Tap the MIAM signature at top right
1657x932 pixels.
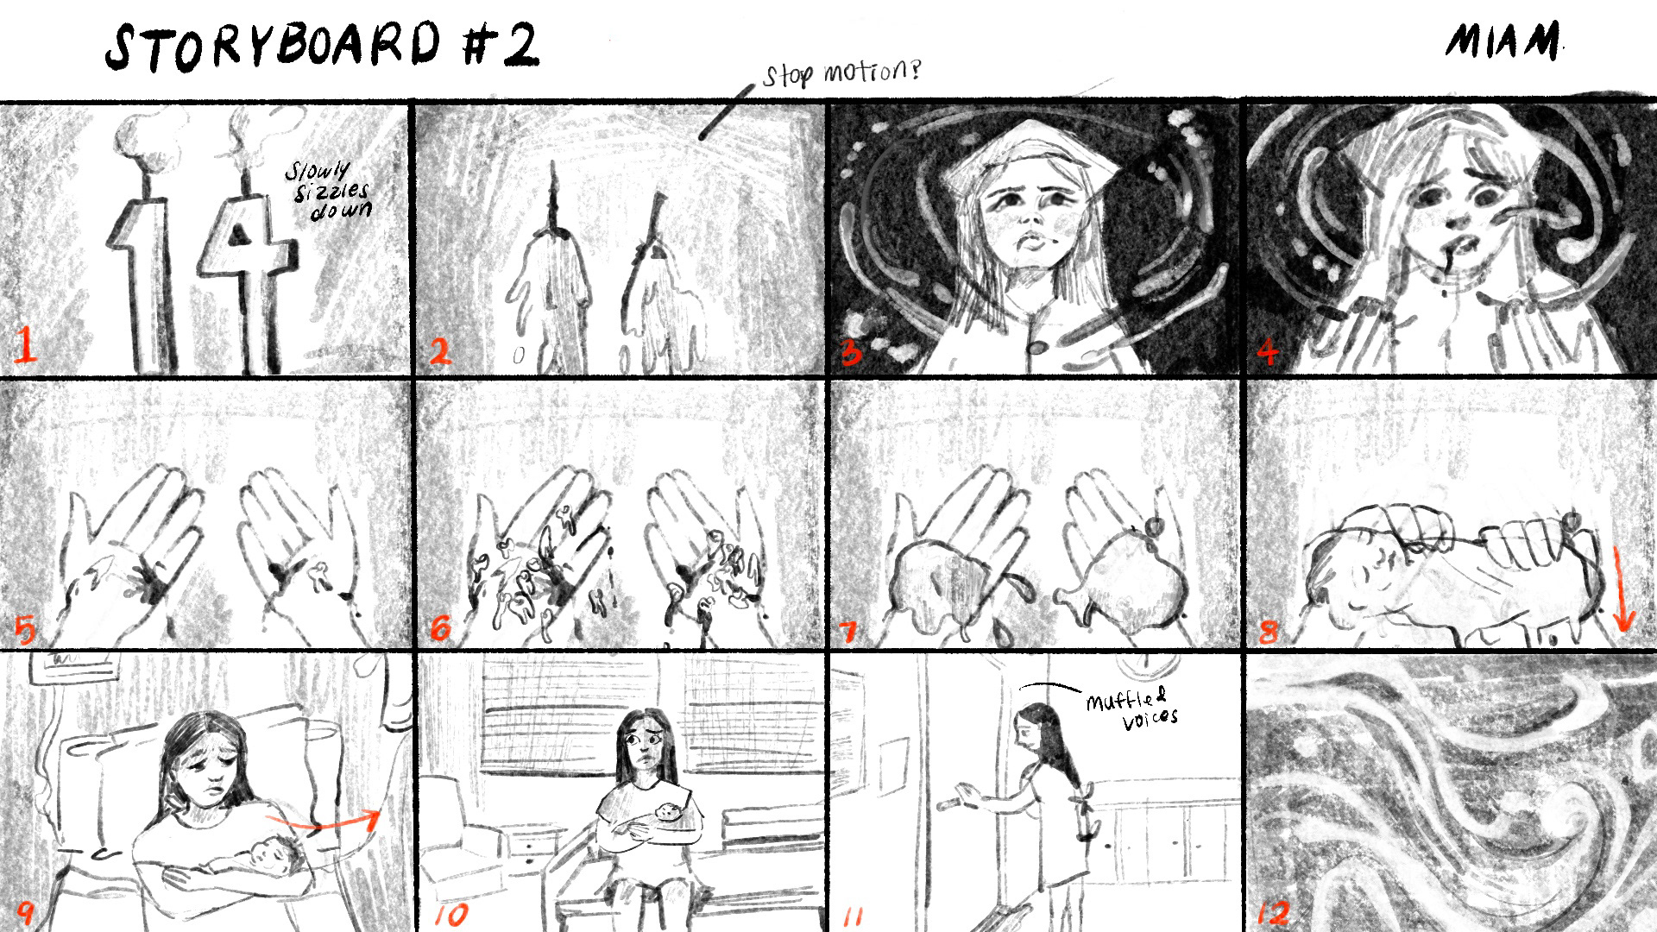click(1503, 41)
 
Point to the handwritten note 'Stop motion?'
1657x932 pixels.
click(841, 72)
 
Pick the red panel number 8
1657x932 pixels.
click(1268, 632)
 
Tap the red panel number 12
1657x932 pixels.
click(1275, 911)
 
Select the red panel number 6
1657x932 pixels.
click(440, 629)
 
